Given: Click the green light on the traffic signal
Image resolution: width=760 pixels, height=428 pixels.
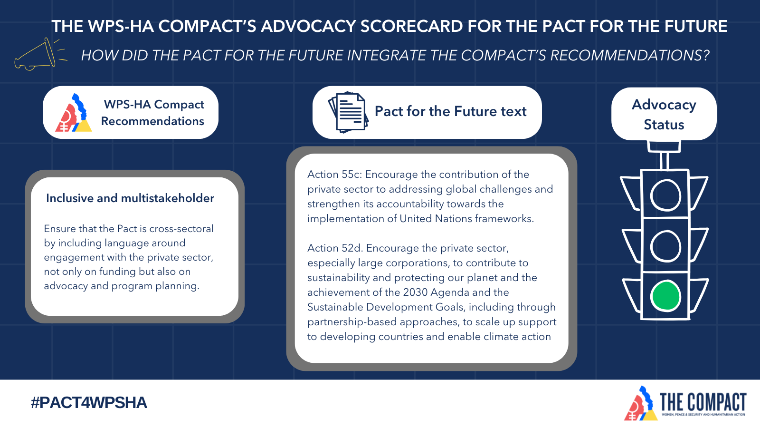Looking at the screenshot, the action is click(665, 295).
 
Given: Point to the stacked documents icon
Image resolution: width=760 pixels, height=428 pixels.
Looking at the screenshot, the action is click(348, 112).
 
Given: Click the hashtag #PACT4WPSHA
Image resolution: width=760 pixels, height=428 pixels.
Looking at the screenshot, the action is click(89, 402).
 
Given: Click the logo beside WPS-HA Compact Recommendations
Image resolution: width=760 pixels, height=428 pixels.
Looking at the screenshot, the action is click(73, 113).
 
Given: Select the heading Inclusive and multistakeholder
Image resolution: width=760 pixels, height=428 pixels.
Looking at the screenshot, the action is click(130, 198).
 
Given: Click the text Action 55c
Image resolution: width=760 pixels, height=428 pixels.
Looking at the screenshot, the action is click(335, 174).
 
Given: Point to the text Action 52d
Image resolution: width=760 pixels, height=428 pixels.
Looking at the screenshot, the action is click(335, 248).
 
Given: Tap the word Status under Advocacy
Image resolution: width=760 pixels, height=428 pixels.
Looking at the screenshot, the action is click(664, 125).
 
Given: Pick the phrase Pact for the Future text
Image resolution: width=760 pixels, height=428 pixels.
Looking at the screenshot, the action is click(451, 111).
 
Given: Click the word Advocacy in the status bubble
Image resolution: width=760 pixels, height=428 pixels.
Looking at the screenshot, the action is click(664, 105).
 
